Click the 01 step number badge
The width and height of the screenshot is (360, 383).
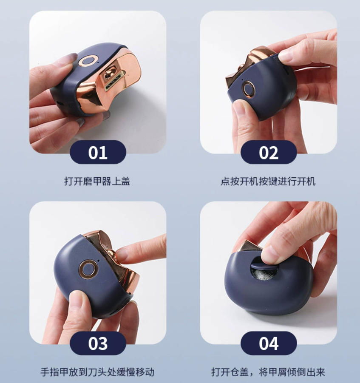98,152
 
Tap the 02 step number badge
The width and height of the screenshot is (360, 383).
269,152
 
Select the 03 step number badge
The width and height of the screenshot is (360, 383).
98,343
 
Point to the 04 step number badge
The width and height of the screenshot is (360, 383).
269,343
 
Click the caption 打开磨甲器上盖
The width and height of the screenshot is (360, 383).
97,182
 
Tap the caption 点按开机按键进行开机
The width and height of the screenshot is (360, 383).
268,182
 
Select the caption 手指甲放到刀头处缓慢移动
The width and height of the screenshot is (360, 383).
97,372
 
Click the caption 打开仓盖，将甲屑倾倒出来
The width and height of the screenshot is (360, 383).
268,372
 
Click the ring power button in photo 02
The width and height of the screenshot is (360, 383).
248,89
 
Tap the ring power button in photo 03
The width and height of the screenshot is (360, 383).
88,269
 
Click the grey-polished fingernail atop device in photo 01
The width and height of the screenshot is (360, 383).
68,59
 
